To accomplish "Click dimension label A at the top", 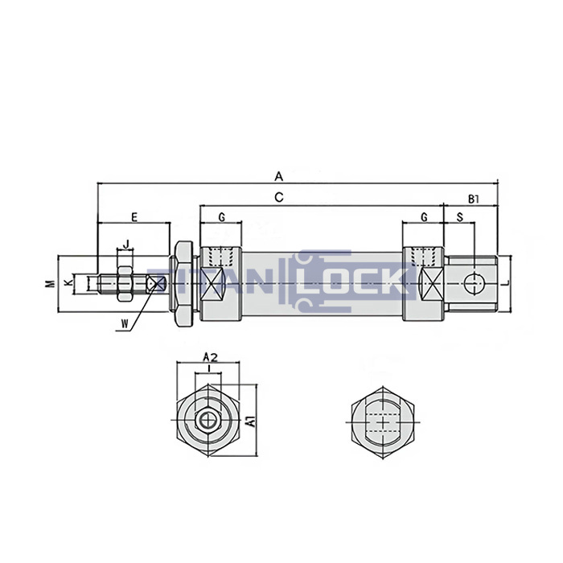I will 278,175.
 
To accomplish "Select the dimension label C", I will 278,196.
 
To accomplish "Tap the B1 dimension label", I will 474,197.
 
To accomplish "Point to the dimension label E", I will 134,216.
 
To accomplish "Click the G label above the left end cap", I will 221,217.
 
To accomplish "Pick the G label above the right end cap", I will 424,217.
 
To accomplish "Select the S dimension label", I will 459,217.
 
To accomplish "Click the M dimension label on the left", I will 48,283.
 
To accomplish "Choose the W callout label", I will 124,323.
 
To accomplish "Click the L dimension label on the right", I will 508,283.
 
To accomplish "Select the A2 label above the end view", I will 209,355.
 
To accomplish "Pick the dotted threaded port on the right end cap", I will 424,257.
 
